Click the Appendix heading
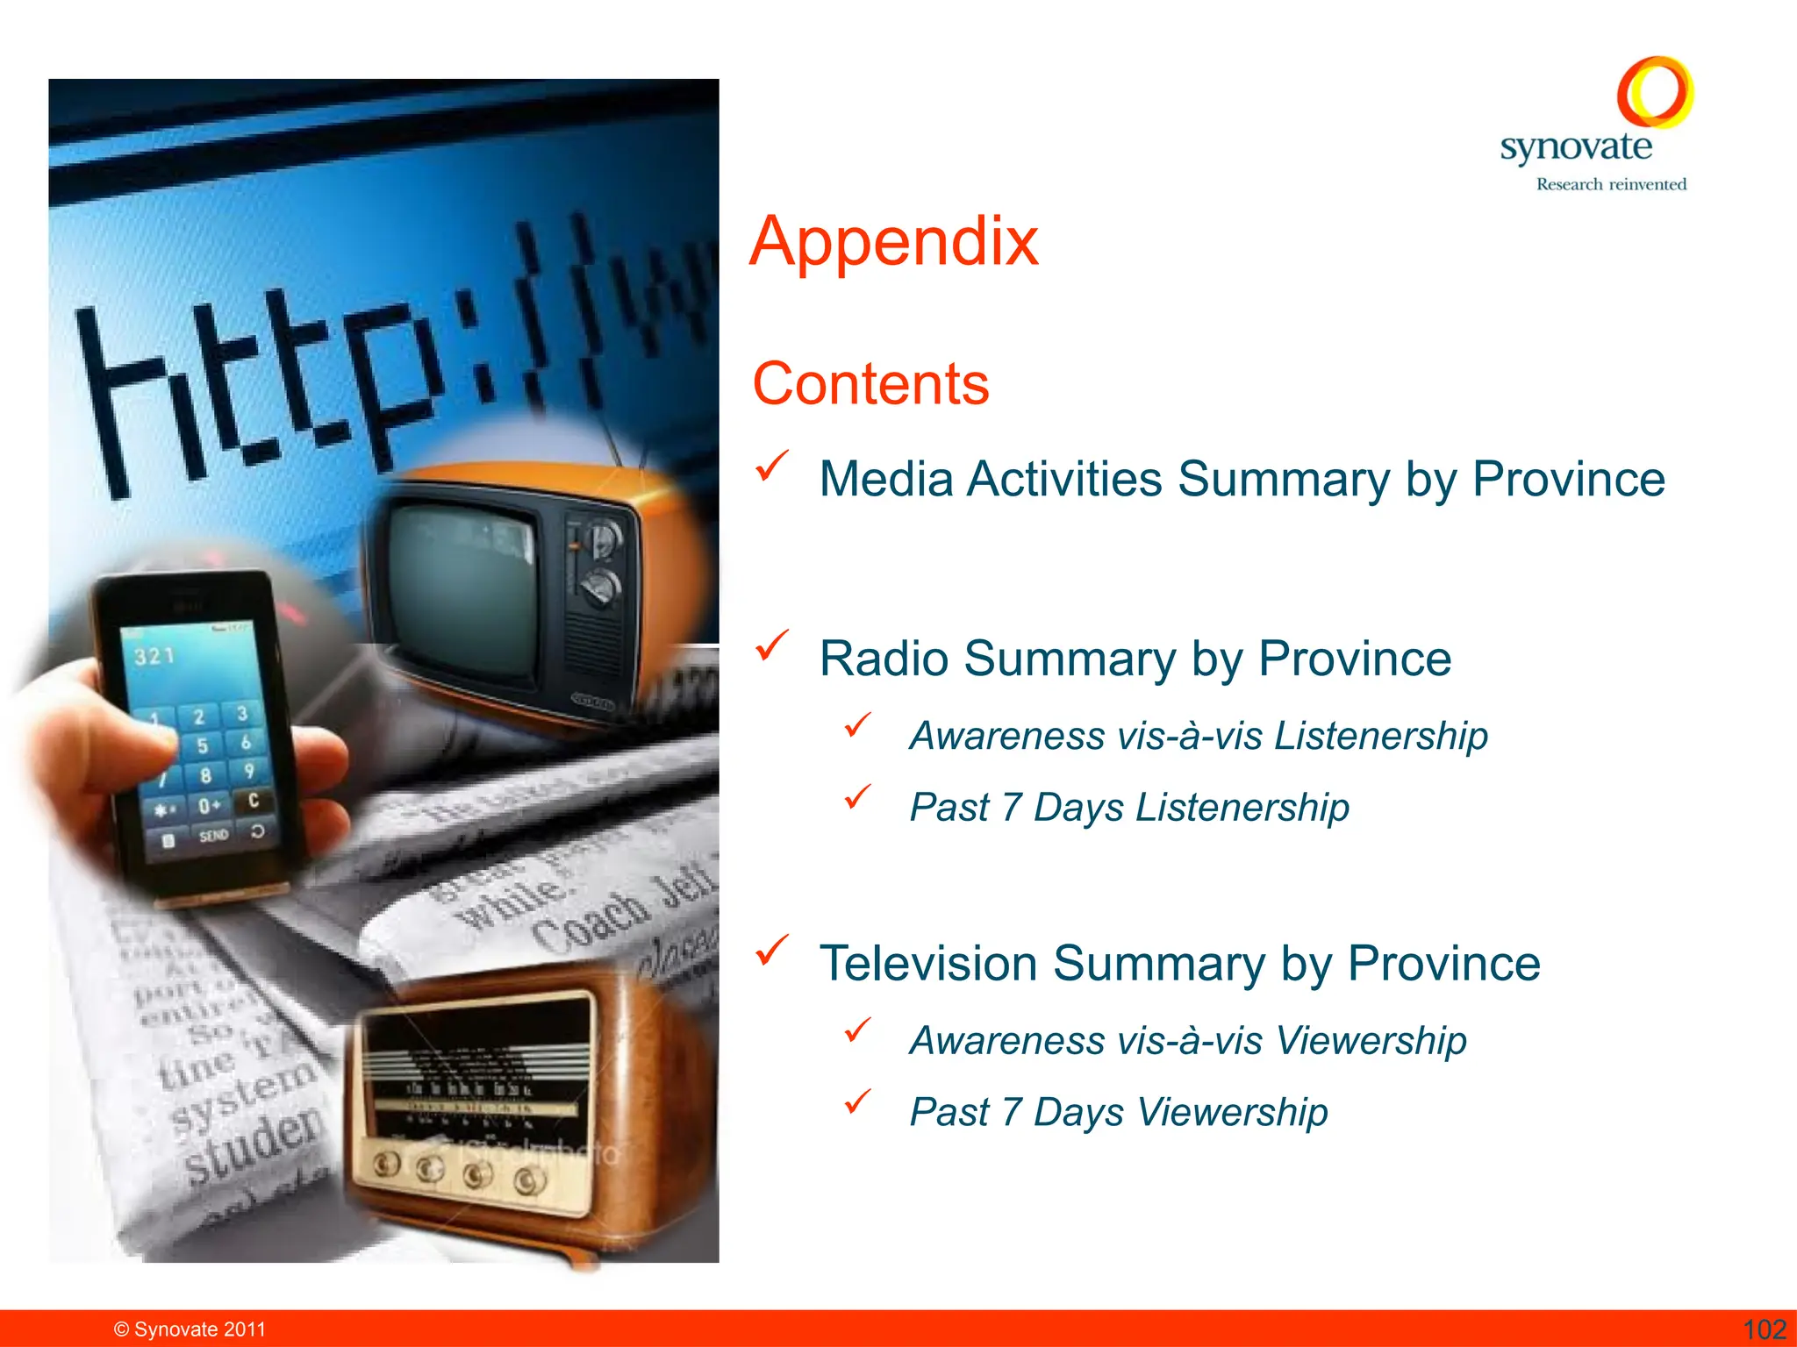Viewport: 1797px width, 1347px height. click(894, 241)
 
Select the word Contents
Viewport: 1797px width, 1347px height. click(870, 384)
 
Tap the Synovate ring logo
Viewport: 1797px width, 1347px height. click(1655, 91)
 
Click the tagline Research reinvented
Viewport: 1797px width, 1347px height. click(1611, 184)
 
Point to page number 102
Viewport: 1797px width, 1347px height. click(1764, 1329)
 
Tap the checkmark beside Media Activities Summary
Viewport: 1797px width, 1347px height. click(771, 466)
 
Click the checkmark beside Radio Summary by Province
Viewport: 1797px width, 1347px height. click(771, 645)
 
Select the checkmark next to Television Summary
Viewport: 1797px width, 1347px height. click(771, 950)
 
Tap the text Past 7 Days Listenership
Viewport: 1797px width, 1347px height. click(1129, 808)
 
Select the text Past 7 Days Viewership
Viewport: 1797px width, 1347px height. click(1119, 1113)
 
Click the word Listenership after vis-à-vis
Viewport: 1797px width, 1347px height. click(1381, 736)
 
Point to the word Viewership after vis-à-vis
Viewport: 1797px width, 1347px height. click(1371, 1041)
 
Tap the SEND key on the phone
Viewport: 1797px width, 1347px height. click(213, 836)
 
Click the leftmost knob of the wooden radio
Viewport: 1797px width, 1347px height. click(386, 1165)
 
